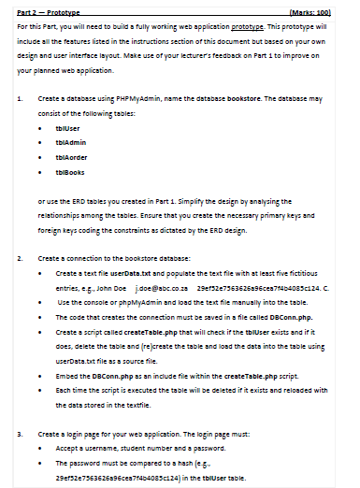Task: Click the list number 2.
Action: [x=20, y=257]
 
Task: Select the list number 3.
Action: [x=20, y=434]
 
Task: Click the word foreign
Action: [x=52, y=230]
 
